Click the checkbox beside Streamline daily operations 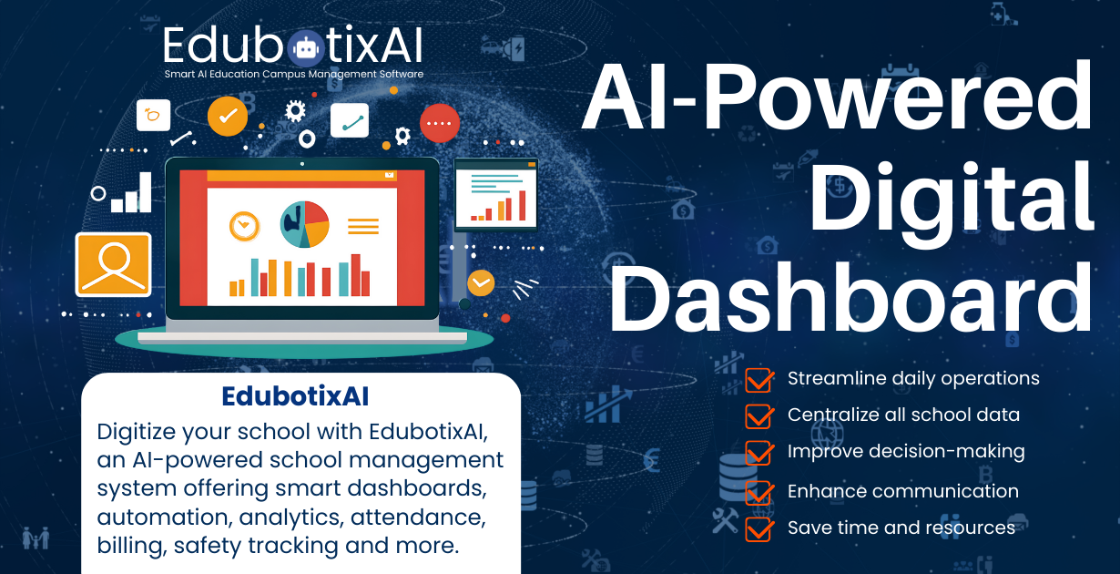click(x=759, y=379)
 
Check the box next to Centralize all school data click(x=759, y=415)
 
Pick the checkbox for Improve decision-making click(x=759, y=452)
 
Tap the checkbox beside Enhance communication click(x=759, y=492)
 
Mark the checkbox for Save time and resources click(x=759, y=528)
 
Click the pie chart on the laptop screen click(x=304, y=224)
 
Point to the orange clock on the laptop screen click(x=244, y=225)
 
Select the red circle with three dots click(x=440, y=122)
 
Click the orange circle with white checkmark click(x=228, y=116)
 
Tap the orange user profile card click(x=113, y=264)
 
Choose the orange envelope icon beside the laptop click(x=481, y=282)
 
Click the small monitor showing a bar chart click(x=496, y=193)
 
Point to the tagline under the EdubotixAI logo click(x=293, y=74)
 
